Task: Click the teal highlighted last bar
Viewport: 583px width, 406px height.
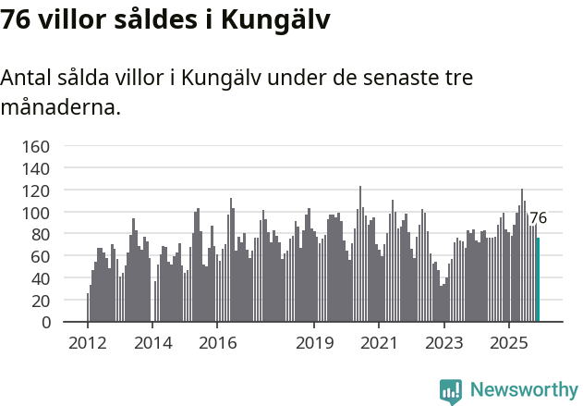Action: coord(538,280)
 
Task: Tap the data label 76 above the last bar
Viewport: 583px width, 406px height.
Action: coord(538,219)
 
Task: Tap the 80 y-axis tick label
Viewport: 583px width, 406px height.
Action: coord(40,234)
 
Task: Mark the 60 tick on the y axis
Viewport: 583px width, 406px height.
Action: coord(40,256)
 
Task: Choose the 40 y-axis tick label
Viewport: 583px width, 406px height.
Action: coord(40,278)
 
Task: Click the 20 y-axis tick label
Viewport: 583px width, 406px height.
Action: coord(40,301)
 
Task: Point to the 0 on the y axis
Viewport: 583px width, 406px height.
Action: coord(45,323)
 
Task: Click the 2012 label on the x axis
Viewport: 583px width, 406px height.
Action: coord(88,344)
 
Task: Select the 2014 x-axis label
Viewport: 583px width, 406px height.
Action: coord(152,344)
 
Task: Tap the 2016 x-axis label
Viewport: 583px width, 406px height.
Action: coord(217,344)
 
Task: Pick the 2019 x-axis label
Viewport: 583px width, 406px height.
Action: coord(314,344)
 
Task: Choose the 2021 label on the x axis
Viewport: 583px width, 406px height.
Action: coord(379,344)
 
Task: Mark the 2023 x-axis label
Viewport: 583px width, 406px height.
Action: coord(443,344)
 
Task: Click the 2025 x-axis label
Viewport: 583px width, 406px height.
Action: coord(508,344)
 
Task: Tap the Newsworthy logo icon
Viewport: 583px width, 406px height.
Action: coord(451,391)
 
